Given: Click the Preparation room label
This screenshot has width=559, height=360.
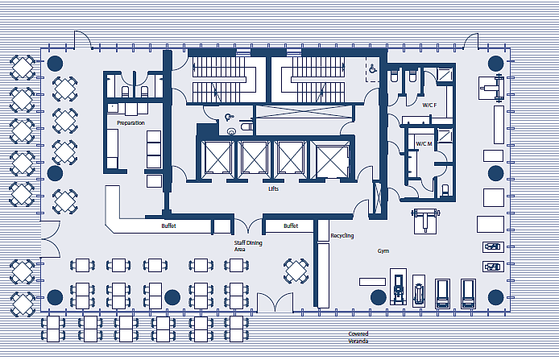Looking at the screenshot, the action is coord(130,123).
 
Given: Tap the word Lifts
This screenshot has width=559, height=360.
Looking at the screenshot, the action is coord(273,189).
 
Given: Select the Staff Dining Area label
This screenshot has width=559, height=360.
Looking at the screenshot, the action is coord(248,246).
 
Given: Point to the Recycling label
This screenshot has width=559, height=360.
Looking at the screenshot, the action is coord(342,236).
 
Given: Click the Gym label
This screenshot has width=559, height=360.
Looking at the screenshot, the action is coord(383,251).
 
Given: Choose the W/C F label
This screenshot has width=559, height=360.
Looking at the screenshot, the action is coord(429,106).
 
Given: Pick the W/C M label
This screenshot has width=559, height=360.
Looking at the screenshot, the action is coord(424,143).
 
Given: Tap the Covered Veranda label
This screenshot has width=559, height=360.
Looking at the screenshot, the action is coord(358,337).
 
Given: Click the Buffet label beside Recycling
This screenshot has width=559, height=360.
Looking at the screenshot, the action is coord(291,226).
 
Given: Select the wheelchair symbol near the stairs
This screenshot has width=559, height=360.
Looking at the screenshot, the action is coord(373,68).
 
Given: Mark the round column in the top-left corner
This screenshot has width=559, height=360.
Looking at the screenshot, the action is coord(56,64).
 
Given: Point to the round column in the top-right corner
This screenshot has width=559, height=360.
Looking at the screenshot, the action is coord(495,64).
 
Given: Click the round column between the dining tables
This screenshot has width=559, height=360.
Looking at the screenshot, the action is coord(172,297).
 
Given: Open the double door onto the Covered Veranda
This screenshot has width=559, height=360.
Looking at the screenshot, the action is coord(275,304).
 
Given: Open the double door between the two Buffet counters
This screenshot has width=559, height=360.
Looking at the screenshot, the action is coord(248,226).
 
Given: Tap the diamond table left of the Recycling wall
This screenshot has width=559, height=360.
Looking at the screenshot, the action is coord(296,271).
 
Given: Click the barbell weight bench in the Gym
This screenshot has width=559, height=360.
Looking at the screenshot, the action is coord(425,221).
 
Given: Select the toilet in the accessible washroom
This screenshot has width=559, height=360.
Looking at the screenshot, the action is coord(246,126).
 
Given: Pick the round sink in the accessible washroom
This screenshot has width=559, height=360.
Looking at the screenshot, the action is coord(232,131).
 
